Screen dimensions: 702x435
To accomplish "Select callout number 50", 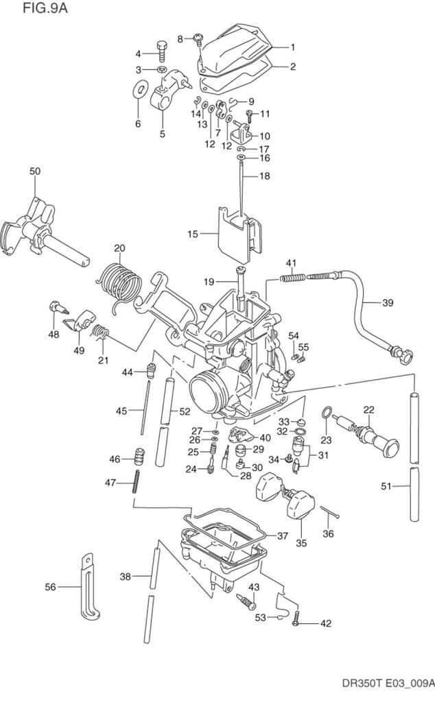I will (35, 170).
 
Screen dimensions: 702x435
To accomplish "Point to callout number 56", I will (51, 587).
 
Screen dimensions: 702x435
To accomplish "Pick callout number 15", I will (192, 234).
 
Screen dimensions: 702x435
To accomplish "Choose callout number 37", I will (282, 535).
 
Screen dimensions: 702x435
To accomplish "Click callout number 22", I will (368, 410).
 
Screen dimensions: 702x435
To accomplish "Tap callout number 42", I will (325, 624).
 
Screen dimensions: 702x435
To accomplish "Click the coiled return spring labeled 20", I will (121, 281).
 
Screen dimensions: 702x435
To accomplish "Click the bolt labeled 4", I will (161, 51).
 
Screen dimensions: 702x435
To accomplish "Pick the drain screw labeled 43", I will (244, 601).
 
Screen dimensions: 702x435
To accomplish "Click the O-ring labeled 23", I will (329, 413).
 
